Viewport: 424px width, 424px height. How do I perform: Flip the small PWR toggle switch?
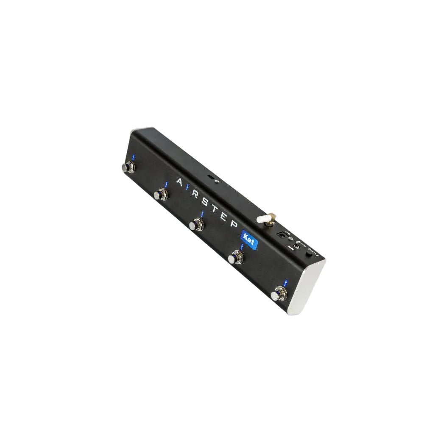click(x=296, y=245)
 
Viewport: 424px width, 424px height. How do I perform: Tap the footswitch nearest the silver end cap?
click(x=278, y=293)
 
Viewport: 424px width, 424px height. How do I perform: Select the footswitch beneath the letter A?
click(x=160, y=195)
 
